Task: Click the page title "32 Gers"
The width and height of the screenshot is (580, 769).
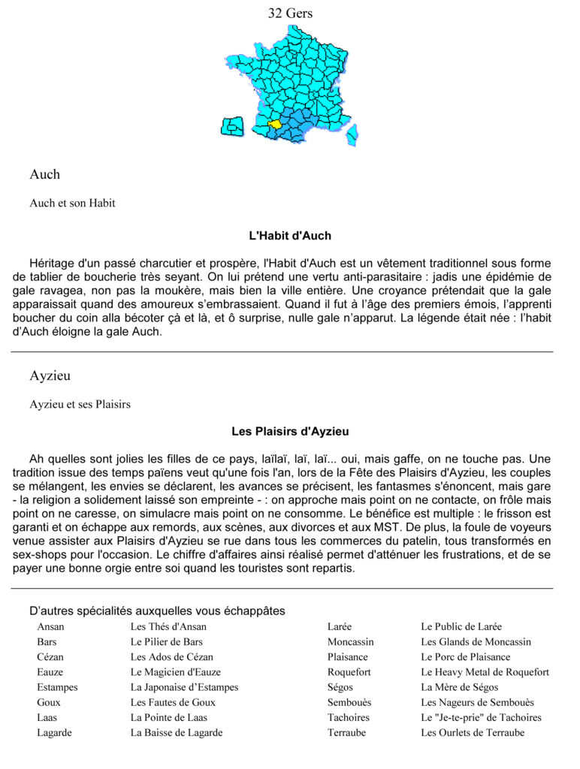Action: pos(290,13)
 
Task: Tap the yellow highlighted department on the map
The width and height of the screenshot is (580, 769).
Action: pos(275,124)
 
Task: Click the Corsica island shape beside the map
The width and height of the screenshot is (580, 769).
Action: pos(232,126)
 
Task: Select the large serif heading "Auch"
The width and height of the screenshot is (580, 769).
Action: pos(45,174)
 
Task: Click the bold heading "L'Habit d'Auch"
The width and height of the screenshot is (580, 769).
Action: pos(290,236)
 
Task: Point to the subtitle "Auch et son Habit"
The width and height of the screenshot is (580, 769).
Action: pos(72,203)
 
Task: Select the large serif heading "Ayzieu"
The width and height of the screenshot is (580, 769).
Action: pos(50,375)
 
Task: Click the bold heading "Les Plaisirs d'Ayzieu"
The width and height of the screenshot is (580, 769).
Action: pos(290,432)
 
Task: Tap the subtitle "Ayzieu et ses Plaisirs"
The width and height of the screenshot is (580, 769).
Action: pos(80,404)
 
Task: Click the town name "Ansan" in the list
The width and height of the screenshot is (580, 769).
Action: pos(50,626)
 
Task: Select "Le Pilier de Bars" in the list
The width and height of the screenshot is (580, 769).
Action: pos(166,641)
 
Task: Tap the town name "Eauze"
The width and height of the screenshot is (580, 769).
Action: pos(50,672)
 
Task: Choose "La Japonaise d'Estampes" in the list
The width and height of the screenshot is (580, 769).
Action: pos(184,687)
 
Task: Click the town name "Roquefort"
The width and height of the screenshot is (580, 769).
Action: pos(349,672)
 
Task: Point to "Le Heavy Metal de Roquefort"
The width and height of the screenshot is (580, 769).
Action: pos(485,672)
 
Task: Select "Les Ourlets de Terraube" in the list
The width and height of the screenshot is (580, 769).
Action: pos(473,732)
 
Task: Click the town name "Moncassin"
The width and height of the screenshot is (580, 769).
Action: pos(350,641)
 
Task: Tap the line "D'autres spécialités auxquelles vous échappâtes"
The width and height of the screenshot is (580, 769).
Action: pos(157,611)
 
